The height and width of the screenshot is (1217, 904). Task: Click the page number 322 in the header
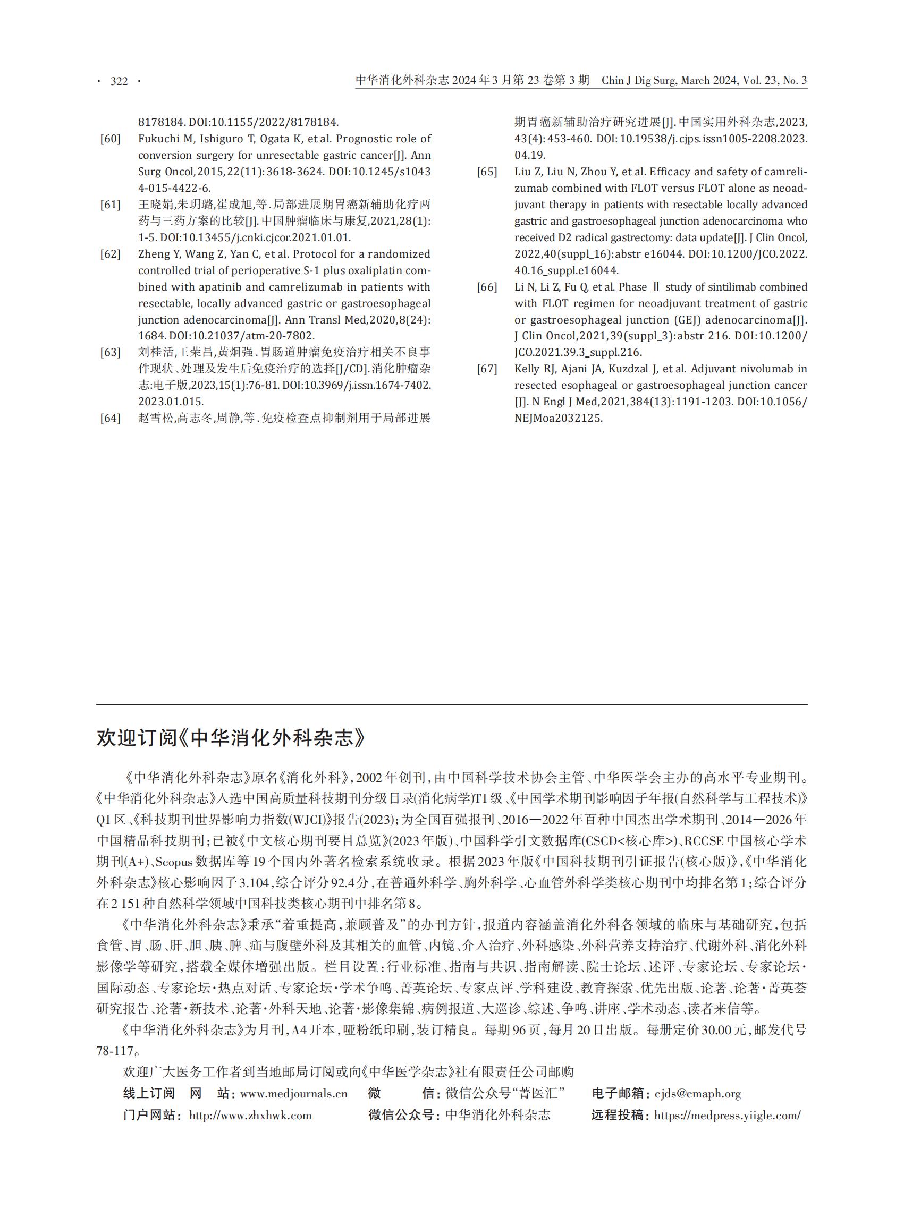pyautogui.click(x=119, y=81)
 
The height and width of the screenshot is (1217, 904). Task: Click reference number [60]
pyautogui.click(x=110, y=139)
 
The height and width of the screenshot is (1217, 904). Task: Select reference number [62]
pyautogui.click(x=110, y=254)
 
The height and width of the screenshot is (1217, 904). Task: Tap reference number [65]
pyautogui.click(x=486, y=172)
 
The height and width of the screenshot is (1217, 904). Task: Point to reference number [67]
pyautogui.click(x=486, y=369)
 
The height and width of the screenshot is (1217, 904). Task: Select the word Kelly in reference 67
pyautogui.click(x=527, y=369)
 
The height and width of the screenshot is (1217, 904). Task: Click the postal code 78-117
pyautogui.click(x=115, y=1051)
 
